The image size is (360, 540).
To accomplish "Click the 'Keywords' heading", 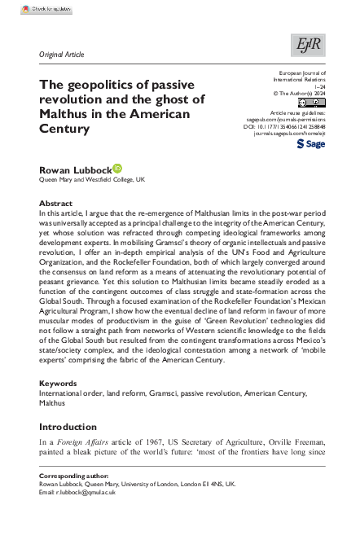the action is coord(58,383).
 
